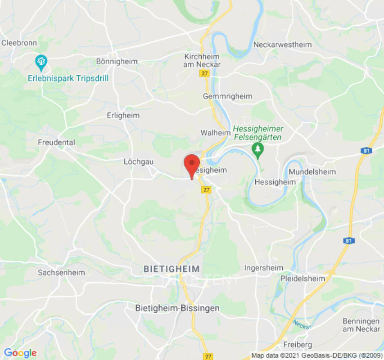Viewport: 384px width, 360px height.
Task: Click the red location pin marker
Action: [192, 165]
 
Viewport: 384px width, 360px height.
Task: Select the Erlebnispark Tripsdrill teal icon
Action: [41, 62]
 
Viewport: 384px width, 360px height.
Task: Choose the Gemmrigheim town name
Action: [227, 96]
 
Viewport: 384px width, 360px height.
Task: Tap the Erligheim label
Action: [123, 115]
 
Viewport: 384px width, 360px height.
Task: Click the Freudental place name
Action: [56, 142]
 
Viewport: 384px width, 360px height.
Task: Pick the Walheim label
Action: [215, 133]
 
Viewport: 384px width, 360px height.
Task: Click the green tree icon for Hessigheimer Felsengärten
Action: [258, 150]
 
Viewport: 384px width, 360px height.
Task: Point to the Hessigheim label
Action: [275, 182]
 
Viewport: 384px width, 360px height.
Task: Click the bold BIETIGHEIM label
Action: [172, 269]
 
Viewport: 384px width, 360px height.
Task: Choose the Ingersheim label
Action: [264, 268]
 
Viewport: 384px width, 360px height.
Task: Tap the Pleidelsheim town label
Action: [302, 279]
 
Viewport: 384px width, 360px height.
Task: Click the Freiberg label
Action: [298, 345]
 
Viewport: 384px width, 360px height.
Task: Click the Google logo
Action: [20, 353]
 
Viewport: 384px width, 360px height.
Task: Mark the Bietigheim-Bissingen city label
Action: [177, 308]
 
